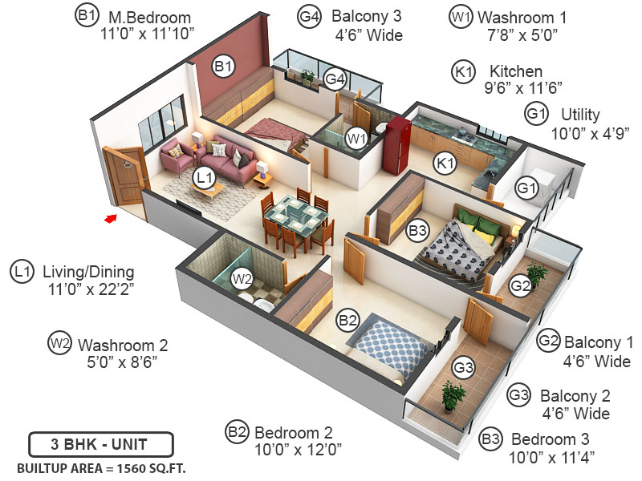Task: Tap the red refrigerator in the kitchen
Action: point(397,144)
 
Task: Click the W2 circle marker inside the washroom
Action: point(242,279)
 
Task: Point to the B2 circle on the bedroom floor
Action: point(347,321)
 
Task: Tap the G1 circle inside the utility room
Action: point(526,188)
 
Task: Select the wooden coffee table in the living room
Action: point(208,189)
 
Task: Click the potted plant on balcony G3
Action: point(453,394)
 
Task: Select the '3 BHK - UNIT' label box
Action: point(100,443)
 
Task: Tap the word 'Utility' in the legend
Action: point(580,114)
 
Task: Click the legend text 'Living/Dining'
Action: point(88,272)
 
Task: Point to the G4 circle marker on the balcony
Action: point(335,79)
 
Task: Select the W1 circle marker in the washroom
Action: point(356,138)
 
